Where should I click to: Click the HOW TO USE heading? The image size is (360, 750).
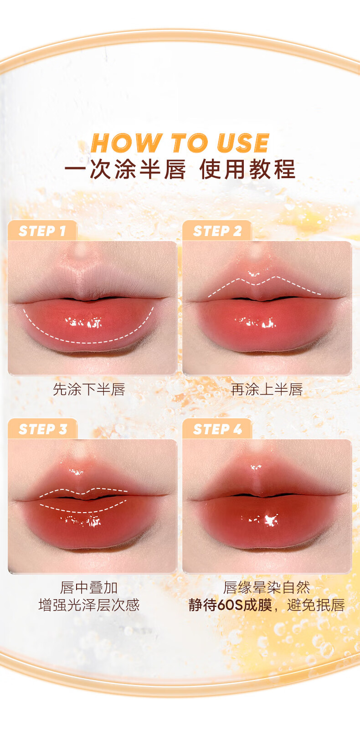coord(180,143)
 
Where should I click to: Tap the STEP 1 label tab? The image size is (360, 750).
coord(42,231)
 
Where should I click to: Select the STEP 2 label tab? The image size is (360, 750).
coord(217,231)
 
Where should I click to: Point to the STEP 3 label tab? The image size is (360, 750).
coord(42,429)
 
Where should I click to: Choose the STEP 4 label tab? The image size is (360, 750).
coord(217,429)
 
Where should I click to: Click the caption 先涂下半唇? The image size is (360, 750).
coord(89,390)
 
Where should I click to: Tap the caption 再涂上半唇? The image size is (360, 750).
coord(267,390)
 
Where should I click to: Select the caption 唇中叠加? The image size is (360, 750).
coord(89,587)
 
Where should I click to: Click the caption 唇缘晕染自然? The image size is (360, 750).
coord(267,587)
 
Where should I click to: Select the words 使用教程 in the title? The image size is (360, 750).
coord(247,169)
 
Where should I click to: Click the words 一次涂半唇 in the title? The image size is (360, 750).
coord(125,169)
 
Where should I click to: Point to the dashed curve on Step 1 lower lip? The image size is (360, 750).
coord(88,343)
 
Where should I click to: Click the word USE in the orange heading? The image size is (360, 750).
coord(243,143)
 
